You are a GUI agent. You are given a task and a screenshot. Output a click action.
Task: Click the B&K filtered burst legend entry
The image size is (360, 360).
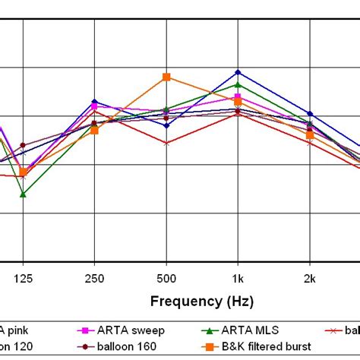(254, 346)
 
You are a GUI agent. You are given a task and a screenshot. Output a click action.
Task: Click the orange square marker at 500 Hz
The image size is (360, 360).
(166, 77)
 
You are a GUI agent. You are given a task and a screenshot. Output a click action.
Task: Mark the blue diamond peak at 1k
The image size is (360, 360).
(238, 72)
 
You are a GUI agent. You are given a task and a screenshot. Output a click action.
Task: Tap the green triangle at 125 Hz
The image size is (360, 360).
(23, 194)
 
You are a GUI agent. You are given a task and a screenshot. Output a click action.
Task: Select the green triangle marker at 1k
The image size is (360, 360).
(238, 84)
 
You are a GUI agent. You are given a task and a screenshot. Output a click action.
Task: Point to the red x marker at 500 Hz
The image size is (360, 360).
(166, 143)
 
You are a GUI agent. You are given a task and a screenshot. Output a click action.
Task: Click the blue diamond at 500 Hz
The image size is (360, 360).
(166, 125)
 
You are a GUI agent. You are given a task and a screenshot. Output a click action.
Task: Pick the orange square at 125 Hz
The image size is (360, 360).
(24, 172)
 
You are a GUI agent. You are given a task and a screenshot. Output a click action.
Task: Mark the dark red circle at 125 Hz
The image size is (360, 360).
(23, 145)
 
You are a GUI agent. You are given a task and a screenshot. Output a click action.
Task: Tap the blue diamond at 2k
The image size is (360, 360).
(309, 114)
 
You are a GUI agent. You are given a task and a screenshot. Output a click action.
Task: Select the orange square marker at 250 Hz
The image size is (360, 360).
(94, 131)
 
